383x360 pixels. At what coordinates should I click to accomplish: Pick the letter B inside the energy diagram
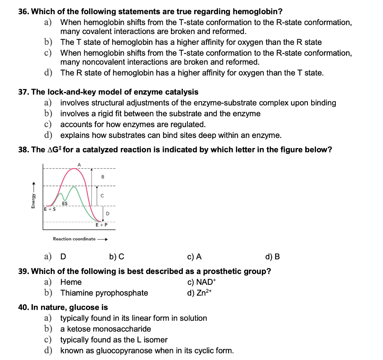point(102,176)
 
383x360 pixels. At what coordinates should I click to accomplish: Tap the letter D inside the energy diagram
point(107,213)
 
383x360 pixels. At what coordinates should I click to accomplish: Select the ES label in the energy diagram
point(65,204)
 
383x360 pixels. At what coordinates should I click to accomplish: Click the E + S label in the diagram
point(50,209)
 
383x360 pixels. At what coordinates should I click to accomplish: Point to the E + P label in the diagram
point(101,225)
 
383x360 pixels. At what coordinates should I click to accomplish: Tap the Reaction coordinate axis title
point(74,239)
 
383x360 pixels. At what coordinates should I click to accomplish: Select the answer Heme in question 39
point(71,282)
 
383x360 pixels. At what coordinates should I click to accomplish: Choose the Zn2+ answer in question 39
point(200,293)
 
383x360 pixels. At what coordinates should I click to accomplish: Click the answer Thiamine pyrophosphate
point(104,293)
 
